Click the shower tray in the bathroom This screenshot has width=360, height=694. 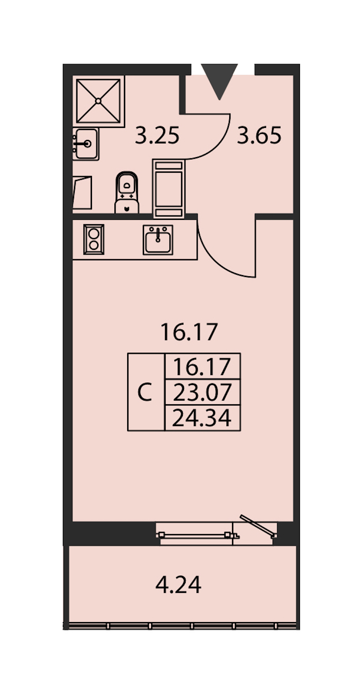point(98,101)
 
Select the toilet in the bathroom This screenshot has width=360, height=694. point(126,193)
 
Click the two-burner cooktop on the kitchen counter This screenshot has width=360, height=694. point(94,239)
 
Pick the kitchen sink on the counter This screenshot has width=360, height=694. point(158,239)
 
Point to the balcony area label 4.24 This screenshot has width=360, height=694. point(178,585)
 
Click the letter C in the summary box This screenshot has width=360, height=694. point(144,392)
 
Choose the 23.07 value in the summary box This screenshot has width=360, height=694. point(202,392)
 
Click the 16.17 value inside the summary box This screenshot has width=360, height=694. point(202,367)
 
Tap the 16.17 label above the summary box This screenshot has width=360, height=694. point(189,332)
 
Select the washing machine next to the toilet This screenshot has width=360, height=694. point(82,192)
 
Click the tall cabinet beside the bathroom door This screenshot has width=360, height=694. point(168,189)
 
